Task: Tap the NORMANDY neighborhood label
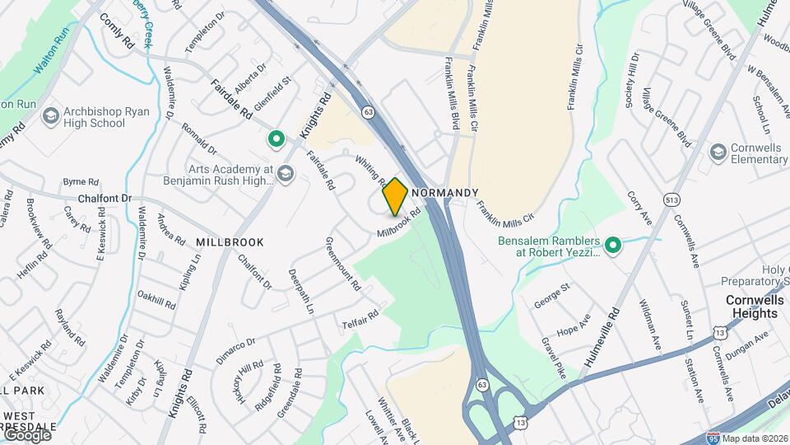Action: (444, 193)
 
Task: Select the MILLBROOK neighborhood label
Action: (230, 242)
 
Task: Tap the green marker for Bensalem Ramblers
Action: (612, 245)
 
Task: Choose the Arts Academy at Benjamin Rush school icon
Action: (286, 173)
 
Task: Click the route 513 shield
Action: (671, 199)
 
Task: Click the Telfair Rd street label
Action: (361, 320)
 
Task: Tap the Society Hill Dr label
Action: (633, 80)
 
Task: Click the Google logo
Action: (27, 434)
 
